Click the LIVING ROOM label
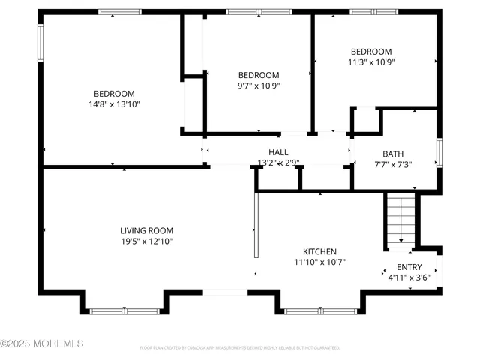point(147,230)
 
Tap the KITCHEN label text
point(319,251)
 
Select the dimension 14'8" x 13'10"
point(114,104)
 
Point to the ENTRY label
point(409,267)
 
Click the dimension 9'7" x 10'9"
point(259,86)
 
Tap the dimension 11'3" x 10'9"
point(371,63)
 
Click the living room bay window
point(124,310)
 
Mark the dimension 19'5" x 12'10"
point(147,241)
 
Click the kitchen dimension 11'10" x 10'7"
point(319,262)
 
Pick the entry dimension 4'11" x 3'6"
point(409,278)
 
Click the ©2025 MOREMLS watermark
point(42,344)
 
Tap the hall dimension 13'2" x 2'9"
point(278,163)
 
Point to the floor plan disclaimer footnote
point(240,348)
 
